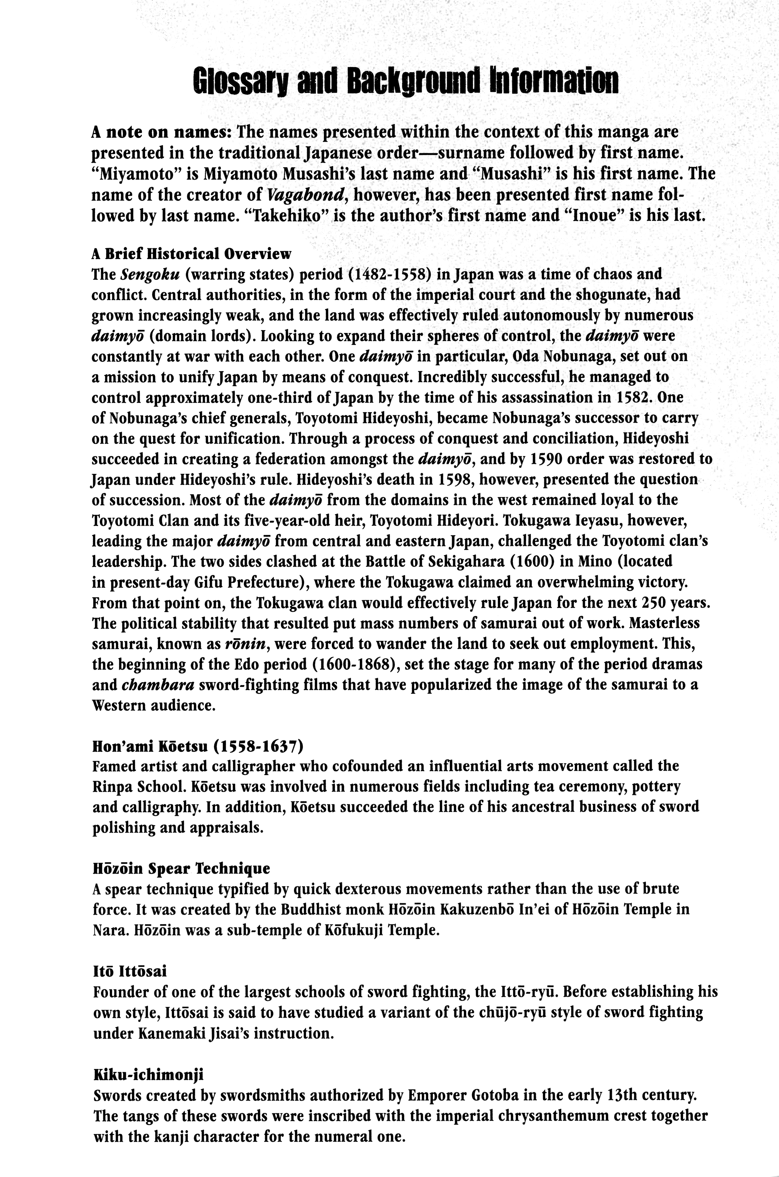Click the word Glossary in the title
point(242,81)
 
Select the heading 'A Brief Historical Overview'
point(191,254)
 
